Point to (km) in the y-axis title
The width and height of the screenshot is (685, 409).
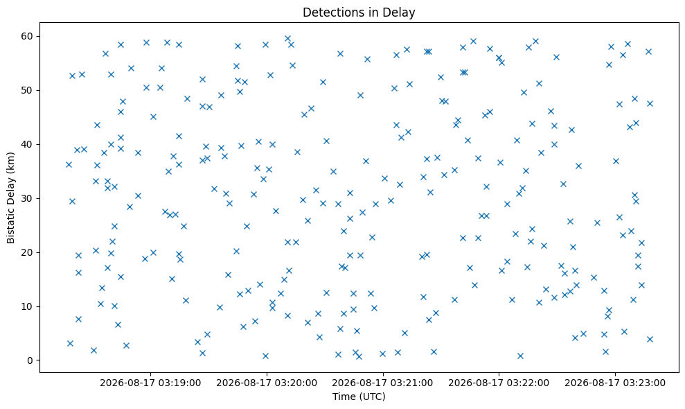(10, 162)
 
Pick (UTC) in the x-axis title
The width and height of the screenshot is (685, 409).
(372, 397)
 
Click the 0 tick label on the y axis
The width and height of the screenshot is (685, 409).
(30, 360)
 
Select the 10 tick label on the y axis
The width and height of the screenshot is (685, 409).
(28, 306)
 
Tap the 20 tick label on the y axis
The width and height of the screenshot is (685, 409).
(28, 252)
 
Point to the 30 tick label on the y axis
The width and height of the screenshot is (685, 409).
(28, 198)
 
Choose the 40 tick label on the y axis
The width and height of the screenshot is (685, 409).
(28, 144)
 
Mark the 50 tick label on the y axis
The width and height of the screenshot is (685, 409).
(28, 91)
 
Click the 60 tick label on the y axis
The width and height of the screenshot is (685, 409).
(28, 36)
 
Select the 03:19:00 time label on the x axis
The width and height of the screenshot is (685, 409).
(179, 383)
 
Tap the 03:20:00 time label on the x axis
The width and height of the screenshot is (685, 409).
(296, 383)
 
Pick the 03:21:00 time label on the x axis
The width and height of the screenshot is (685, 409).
(411, 383)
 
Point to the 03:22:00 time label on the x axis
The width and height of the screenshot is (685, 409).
(528, 383)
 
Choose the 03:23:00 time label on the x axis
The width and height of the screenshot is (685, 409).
(644, 383)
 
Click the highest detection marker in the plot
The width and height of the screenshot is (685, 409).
(287, 39)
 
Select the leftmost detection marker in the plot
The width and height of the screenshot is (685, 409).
(69, 164)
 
